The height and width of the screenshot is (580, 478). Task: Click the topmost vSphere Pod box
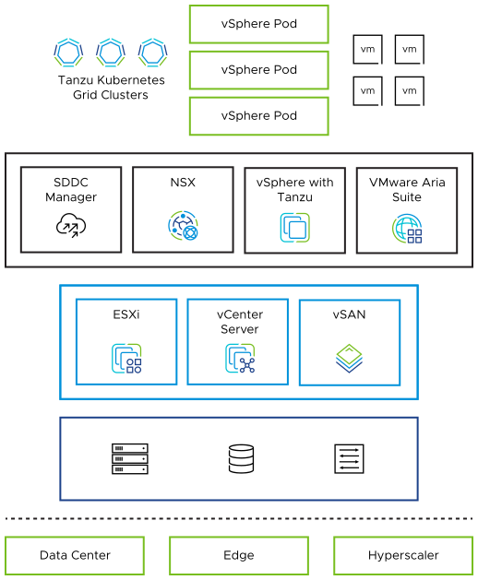tap(258, 24)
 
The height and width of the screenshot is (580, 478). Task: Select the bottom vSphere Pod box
tap(258, 116)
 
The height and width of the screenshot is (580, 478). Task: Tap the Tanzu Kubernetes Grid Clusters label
tap(111, 88)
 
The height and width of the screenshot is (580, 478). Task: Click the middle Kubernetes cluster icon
tap(111, 52)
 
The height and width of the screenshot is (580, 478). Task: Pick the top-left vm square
tap(367, 49)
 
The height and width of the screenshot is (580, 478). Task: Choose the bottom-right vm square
tap(410, 90)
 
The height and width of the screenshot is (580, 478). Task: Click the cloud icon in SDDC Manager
tap(71, 225)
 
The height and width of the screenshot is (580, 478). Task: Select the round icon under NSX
tap(183, 226)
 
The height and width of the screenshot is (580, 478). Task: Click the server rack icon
tap(130, 458)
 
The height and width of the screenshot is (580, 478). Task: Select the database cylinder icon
tap(240, 458)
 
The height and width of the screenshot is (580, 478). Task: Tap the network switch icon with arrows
tap(349, 458)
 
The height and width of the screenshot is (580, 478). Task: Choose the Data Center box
tap(75, 555)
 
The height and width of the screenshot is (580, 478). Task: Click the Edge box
tap(239, 555)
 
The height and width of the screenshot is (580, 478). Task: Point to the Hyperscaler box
tap(403, 555)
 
